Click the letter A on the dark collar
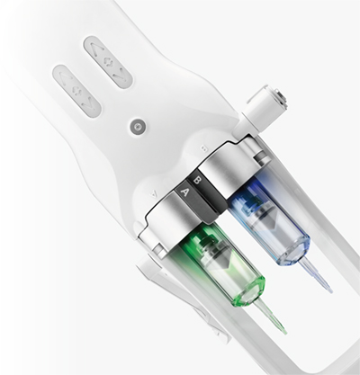click(x=185, y=192)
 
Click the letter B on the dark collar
click(x=197, y=181)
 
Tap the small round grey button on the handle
click(x=138, y=127)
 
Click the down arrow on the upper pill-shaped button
click(x=119, y=74)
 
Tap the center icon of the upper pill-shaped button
click(x=108, y=61)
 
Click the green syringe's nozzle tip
click(x=285, y=332)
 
